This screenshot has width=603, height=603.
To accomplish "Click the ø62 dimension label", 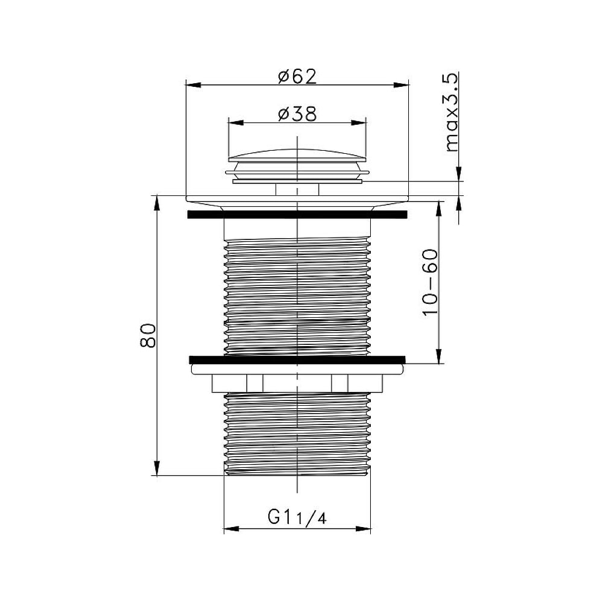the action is (298, 77).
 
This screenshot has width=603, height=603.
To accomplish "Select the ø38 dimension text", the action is (298, 114).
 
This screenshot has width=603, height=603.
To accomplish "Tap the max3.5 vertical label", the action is (452, 112).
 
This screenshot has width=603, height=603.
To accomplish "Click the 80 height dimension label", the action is (148, 336).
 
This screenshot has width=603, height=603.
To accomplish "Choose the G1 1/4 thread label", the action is (297, 517).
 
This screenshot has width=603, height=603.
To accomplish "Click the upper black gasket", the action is (297, 214).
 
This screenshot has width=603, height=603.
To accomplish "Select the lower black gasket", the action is (297, 359).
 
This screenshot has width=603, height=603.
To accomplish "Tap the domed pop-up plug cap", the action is (297, 155).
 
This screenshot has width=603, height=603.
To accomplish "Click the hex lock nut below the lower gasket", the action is (297, 384).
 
